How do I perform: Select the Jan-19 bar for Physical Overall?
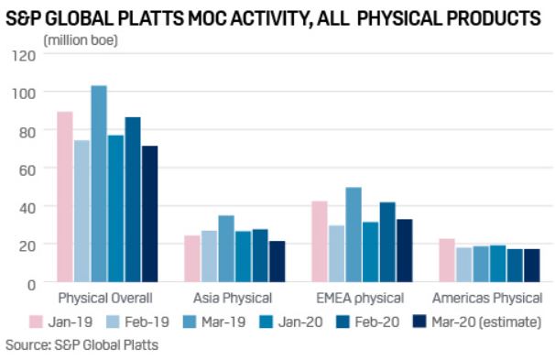65,197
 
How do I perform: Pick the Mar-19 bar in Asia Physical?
226,249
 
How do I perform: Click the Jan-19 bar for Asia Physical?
192,259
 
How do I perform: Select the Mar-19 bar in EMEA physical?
354,235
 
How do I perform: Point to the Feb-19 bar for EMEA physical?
336,254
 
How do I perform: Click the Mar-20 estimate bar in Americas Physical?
531,266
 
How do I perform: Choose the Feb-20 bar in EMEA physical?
387,242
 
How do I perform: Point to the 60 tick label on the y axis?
27,169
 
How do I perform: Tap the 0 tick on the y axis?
31,283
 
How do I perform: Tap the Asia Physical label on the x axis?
233,299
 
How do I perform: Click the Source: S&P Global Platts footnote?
82,345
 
